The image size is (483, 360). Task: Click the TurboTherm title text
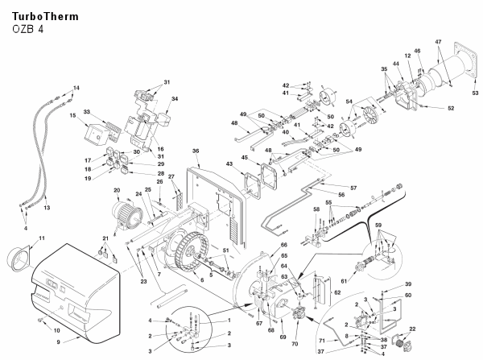point(45,16)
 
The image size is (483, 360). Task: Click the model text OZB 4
point(28,30)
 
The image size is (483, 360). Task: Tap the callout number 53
point(475,93)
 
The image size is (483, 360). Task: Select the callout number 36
point(196,151)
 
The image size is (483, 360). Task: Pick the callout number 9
point(58,341)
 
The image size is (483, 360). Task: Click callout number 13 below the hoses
point(46,208)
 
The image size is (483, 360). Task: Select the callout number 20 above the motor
point(116,190)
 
